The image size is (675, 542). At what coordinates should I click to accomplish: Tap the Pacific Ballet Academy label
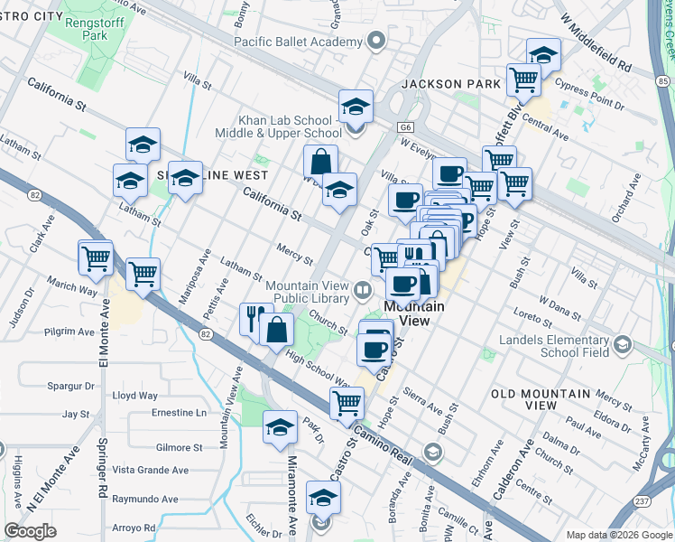tap(299, 42)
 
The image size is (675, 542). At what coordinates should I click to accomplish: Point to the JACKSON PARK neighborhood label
tap(451, 84)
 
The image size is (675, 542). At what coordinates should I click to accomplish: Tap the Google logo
tap(31, 531)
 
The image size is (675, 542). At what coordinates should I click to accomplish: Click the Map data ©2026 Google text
tap(618, 535)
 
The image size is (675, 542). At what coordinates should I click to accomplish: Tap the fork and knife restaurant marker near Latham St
tap(255, 317)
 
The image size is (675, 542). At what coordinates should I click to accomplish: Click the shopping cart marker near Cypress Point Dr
tap(523, 79)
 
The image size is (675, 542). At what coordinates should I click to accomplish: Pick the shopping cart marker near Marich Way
tap(95, 258)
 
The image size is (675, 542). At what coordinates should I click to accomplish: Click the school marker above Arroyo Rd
tap(323, 498)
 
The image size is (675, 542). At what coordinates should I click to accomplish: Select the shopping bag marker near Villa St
tap(320, 162)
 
